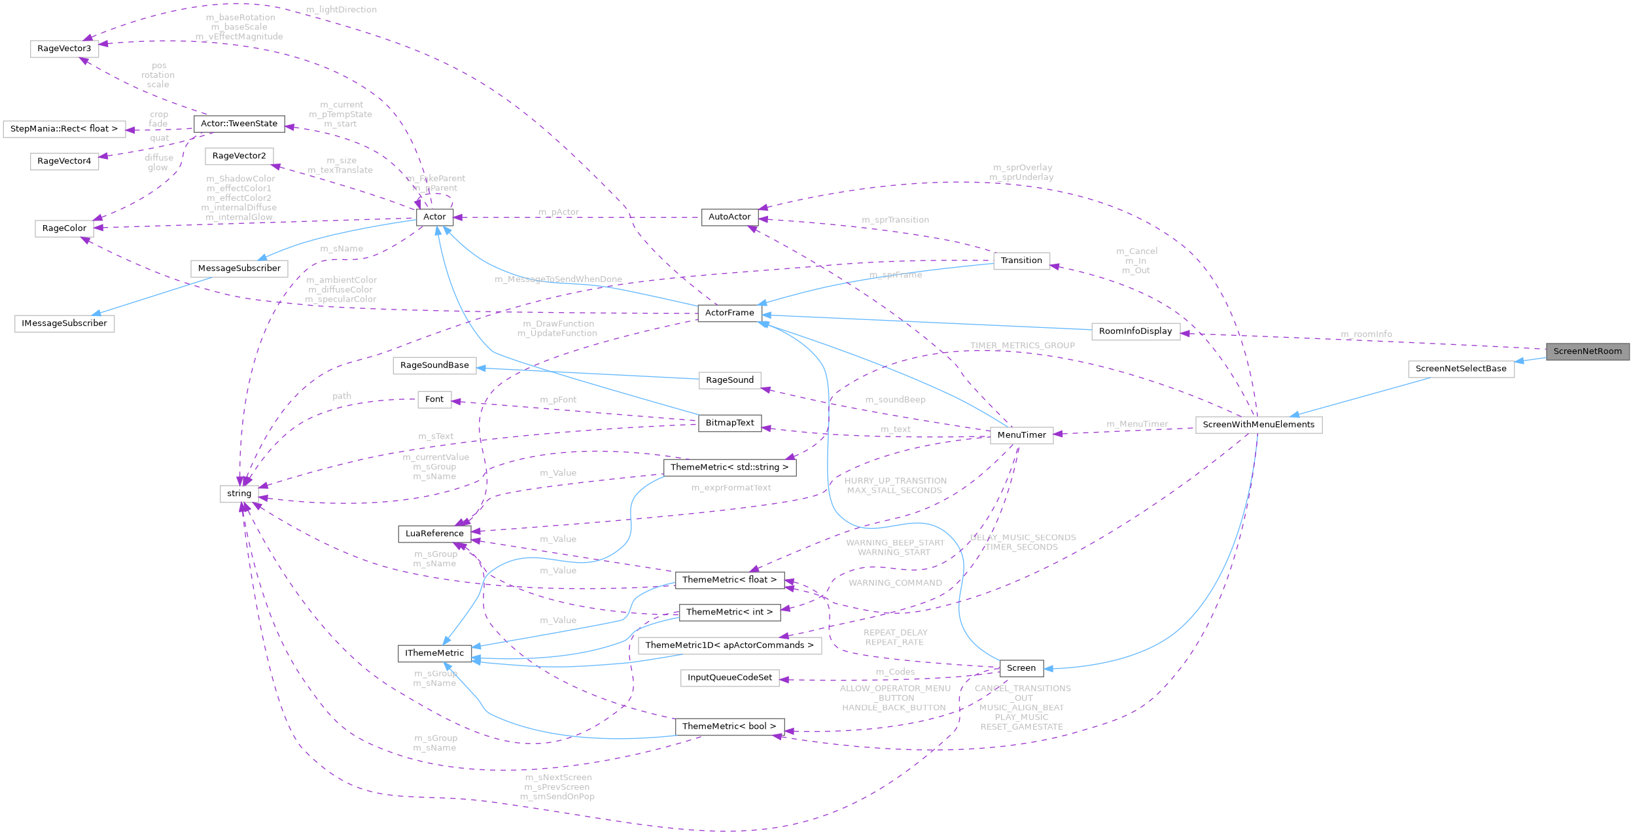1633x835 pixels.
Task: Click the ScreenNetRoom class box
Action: (1587, 351)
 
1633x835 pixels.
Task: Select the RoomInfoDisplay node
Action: (1135, 331)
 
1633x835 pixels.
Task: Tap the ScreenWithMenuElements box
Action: (1258, 425)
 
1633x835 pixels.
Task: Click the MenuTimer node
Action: (1021, 435)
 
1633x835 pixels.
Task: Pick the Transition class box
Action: (1021, 260)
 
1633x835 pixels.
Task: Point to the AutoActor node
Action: (729, 217)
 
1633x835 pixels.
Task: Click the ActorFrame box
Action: (729, 313)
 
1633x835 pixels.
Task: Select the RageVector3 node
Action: (64, 48)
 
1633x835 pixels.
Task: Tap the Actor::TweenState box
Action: (239, 124)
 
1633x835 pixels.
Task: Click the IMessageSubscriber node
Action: (64, 323)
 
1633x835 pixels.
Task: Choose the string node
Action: (239, 493)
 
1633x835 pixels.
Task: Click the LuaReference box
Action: (434, 533)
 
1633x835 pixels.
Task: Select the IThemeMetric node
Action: (434, 653)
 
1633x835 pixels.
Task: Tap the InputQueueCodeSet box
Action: (729, 677)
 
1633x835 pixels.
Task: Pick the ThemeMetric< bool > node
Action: (729, 726)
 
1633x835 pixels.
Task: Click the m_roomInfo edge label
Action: (1366, 334)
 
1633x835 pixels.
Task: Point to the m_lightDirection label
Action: (342, 10)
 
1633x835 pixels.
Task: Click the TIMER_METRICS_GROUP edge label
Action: (1022, 346)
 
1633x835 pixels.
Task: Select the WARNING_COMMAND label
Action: (895, 583)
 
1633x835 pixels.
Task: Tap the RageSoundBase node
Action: (434, 365)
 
